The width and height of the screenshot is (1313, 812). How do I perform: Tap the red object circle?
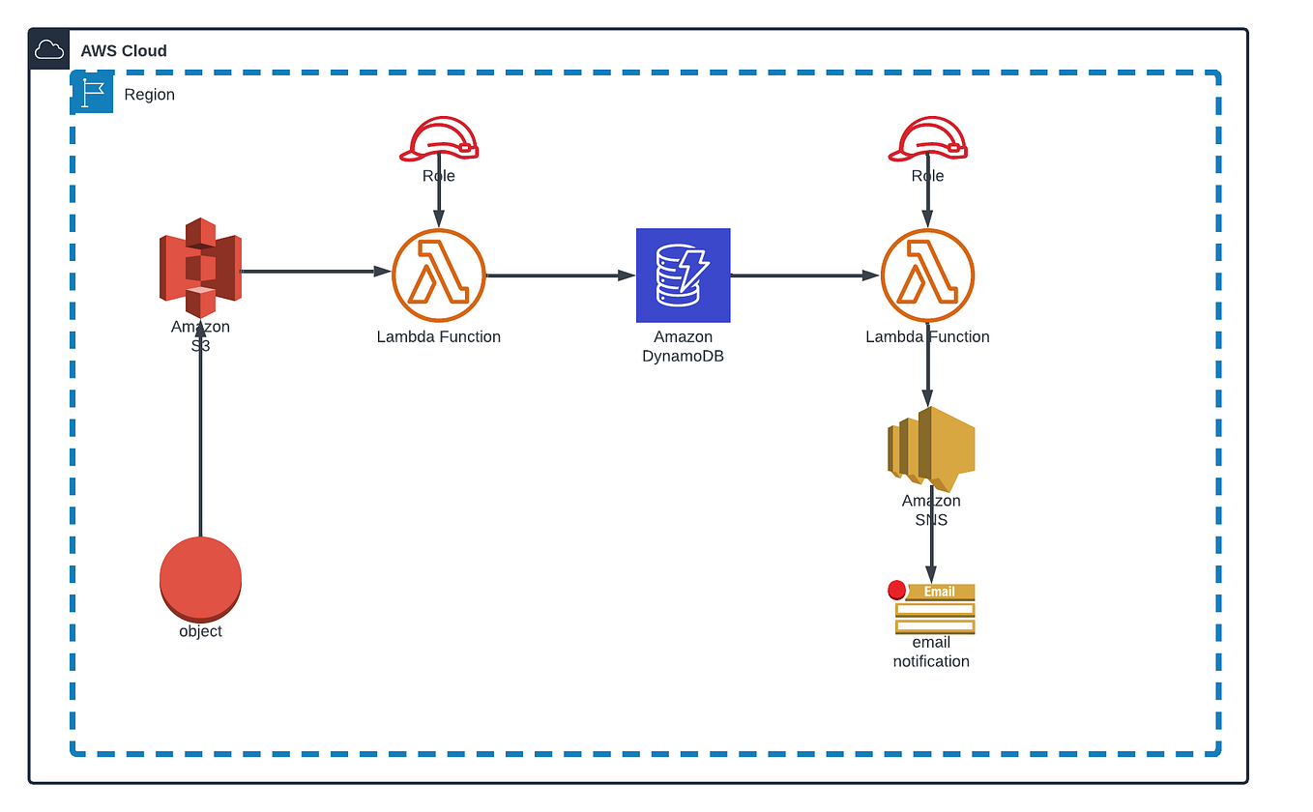pyautogui.click(x=200, y=578)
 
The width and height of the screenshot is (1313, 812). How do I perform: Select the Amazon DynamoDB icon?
pyautogui.click(x=683, y=275)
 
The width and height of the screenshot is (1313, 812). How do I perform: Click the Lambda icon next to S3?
pyautogui.click(x=438, y=275)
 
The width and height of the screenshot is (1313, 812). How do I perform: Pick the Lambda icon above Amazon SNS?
pyautogui.click(x=927, y=275)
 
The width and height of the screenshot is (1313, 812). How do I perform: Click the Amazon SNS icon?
pyautogui.click(x=930, y=448)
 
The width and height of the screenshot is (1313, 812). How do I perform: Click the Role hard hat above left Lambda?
pyautogui.click(x=439, y=140)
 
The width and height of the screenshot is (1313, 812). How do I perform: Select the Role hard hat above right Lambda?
pyautogui.click(x=928, y=140)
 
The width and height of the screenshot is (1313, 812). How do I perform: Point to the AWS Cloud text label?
pyautogui.click(x=124, y=51)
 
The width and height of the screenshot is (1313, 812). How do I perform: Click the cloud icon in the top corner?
pyautogui.click(x=49, y=50)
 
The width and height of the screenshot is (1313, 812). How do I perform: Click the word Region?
pyautogui.click(x=150, y=95)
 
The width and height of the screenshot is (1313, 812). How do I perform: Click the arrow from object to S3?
pyautogui.click(x=200, y=435)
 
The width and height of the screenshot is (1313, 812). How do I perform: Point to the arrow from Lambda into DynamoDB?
pyautogui.click(x=560, y=275)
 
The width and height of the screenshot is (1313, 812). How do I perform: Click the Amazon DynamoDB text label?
pyautogui.click(x=683, y=346)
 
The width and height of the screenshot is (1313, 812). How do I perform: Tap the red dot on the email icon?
pyautogui.click(x=896, y=590)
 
